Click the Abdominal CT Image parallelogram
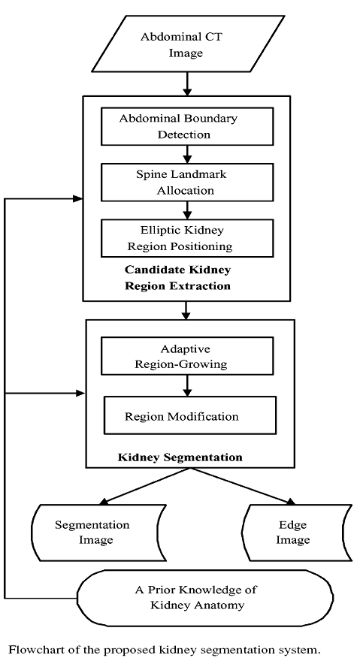tap(188, 44)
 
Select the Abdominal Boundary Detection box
tap(187, 126)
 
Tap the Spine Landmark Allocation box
tap(187, 182)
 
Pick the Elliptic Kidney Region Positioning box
tap(187, 238)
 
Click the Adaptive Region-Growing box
tap(187, 356)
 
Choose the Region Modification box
tap(190, 415)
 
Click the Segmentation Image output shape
tap(99, 533)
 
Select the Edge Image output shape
tap(297, 533)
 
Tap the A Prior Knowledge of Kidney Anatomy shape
tap(205, 598)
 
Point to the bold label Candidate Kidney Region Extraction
tap(178, 277)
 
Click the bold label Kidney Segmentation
tap(180, 457)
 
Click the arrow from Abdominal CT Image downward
tap(187, 84)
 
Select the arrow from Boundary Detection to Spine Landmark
tap(187, 155)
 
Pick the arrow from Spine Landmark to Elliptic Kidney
tap(187, 210)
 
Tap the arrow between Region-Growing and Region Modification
tap(187, 386)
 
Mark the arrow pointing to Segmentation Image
tap(144, 486)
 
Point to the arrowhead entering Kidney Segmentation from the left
tap(80, 394)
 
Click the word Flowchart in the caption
tap(31, 650)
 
